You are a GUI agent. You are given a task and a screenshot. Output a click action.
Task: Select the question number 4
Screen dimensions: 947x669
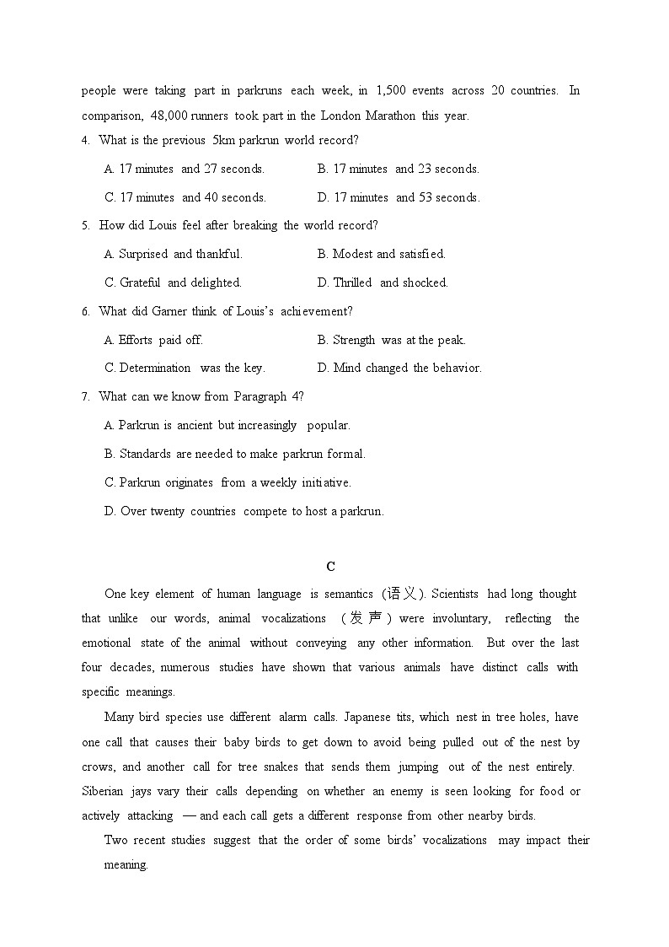coord(85,141)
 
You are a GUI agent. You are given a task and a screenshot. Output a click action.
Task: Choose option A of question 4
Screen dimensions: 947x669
coord(184,169)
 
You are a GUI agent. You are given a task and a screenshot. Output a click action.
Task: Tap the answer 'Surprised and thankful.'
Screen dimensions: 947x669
coord(173,254)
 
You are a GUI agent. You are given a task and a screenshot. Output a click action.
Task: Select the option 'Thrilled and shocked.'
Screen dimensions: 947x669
coord(383,282)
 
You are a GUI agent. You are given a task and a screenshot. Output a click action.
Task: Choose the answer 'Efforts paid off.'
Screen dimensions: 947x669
coord(153,340)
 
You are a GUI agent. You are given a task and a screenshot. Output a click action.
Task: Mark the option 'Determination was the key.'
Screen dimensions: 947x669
coord(185,368)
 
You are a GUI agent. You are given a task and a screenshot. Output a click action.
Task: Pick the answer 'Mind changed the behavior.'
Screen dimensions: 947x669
coord(399,368)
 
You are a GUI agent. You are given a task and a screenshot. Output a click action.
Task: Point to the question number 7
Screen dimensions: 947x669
coord(85,396)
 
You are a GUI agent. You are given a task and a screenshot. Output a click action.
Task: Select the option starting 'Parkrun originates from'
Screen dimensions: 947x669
coord(227,482)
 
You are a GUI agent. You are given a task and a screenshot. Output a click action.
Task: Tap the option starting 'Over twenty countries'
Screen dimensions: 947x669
coord(244,511)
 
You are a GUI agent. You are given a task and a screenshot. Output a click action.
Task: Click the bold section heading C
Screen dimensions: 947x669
coord(330,566)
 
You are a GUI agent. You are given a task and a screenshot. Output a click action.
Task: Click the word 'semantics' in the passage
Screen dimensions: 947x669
coord(345,594)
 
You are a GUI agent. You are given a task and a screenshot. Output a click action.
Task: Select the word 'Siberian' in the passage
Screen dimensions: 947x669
coord(102,791)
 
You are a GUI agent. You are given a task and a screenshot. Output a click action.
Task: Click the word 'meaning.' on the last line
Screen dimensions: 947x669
coord(126,864)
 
